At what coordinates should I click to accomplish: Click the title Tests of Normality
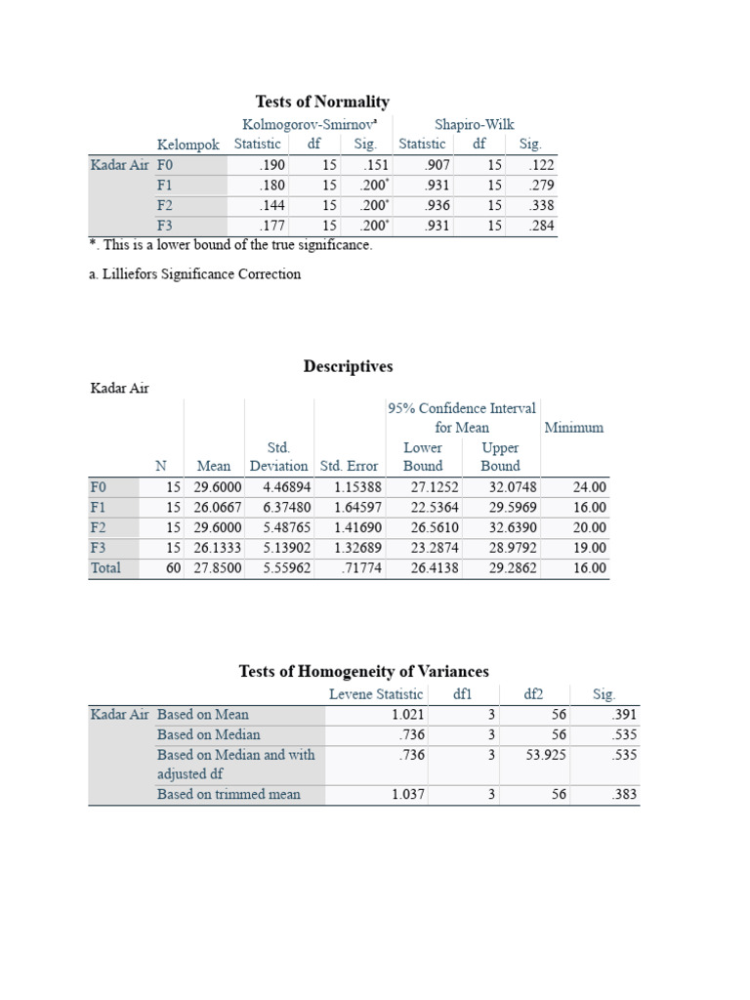point(322,102)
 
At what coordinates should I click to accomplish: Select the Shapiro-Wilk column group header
point(474,124)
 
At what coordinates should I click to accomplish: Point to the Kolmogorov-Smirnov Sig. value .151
point(375,165)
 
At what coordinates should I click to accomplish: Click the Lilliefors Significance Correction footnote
point(195,274)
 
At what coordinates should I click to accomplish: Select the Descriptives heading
point(348,366)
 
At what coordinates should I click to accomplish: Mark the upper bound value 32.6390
point(512,527)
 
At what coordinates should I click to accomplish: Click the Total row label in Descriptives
point(105,567)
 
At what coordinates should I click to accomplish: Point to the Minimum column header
point(573,427)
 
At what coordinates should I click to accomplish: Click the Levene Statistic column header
point(376,694)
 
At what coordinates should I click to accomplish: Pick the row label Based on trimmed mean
point(229,794)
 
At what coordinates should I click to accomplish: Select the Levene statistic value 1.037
point(407,794)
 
